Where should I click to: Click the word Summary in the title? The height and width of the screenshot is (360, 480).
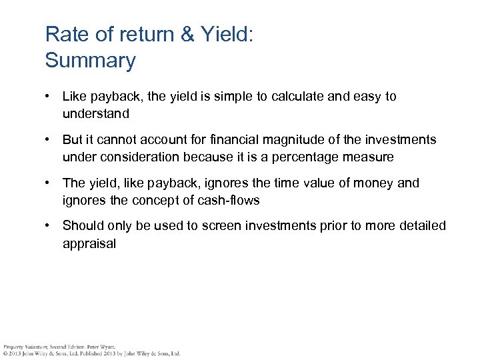tap(90, 61)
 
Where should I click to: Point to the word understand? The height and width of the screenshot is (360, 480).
tap(95, 113)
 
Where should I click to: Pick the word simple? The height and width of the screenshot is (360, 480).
tap(235, 97)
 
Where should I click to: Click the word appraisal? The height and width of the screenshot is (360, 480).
tap(89, 243)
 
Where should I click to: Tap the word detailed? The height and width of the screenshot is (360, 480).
tap(420, 226)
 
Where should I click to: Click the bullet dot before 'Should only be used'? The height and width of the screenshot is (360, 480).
tap(49, 226)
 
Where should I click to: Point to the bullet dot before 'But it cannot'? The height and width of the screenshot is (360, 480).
tap(49, 139)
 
